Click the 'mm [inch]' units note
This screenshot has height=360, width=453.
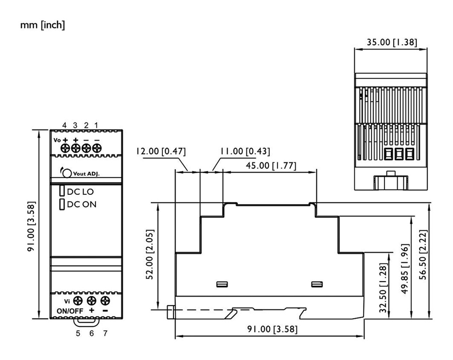[x=42, y=25]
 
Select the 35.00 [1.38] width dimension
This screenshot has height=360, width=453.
[x=392, y=43]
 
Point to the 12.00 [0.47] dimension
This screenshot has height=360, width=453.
[x=161, y=151]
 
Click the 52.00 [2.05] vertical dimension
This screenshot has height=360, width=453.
[x=150, y=255]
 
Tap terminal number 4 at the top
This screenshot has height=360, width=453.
[x=65, y=125]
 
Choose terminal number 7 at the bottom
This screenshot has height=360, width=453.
[x=105, y=333]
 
